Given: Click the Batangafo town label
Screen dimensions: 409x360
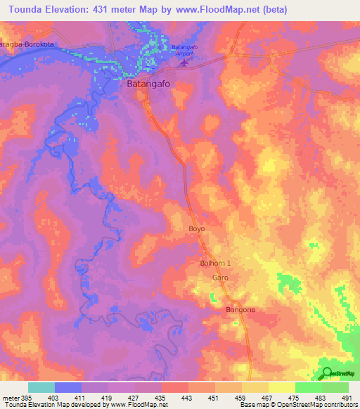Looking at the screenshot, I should pos(150,84).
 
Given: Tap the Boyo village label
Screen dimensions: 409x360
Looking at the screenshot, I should pos(196,228).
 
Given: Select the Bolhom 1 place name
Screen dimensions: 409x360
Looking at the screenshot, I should pos(215,263).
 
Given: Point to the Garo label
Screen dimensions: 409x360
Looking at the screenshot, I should pos(220,278).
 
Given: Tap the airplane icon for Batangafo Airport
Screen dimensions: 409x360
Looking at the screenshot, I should pos(185,63).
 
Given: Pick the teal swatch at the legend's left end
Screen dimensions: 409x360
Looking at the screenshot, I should pos(41,387).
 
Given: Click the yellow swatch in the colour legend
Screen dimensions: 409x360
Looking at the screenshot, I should pos(281,387).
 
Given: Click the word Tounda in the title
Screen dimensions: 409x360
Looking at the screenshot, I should pos(24,10).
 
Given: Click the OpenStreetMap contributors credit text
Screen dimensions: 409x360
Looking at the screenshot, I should pos(317,405).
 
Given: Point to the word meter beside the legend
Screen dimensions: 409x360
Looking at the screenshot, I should pos(10,398).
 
